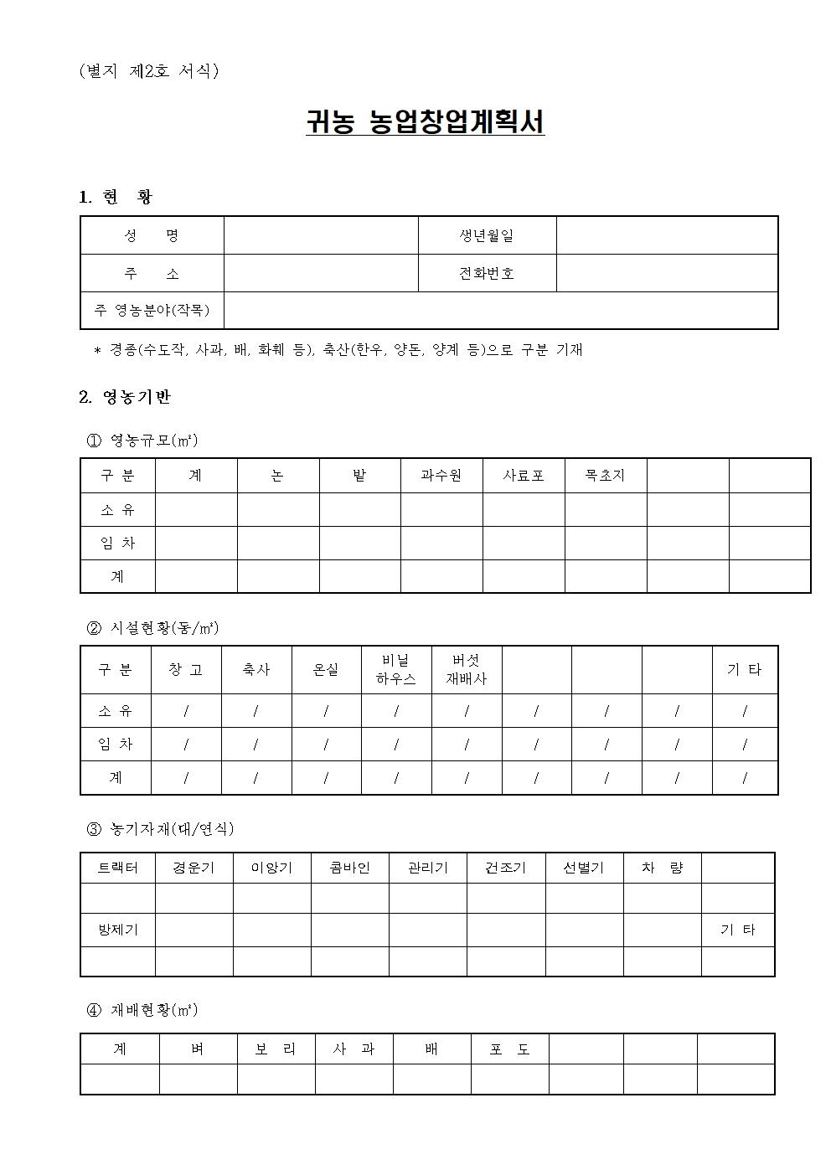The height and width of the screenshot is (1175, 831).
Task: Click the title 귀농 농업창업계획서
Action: point(425,122)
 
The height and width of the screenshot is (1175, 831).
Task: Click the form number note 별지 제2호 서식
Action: point(148,71)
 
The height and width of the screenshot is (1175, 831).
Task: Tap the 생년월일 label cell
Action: point(487,235)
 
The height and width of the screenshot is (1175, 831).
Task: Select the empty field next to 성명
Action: point(320,235)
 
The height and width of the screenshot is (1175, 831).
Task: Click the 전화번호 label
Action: point(487,273)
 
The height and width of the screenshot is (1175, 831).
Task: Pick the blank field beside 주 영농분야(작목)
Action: point(500,311)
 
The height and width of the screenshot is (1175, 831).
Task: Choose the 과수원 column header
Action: point(441,476)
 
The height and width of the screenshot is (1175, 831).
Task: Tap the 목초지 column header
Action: point(605,476)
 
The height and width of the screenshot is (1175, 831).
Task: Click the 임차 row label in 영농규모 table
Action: point(117,543)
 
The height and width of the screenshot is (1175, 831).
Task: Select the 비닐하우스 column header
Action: point(396,670)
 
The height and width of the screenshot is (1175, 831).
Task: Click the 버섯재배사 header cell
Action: point(467,670)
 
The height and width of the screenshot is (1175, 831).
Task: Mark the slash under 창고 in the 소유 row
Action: point(186,711)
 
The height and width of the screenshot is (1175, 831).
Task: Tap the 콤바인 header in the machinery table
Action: point(349,868)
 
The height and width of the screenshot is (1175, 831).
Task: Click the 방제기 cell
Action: point(117,930)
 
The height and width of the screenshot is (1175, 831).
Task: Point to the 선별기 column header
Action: point(584,868)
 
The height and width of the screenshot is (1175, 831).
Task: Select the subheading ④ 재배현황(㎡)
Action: point(142,1010)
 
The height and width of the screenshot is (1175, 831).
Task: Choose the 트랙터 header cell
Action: point(117,868)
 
